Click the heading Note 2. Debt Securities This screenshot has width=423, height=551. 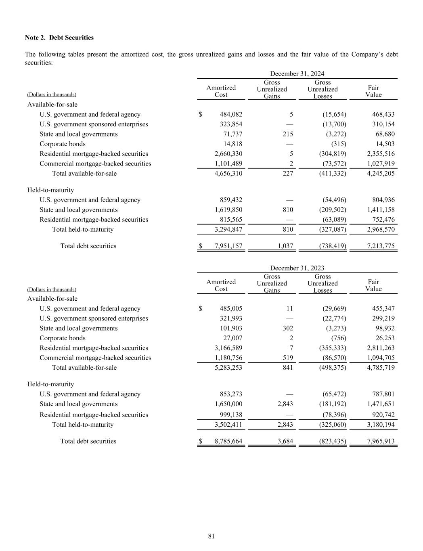click(59, 38)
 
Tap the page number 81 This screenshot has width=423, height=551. click(211, 536)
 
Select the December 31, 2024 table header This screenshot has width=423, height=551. click(297, 73)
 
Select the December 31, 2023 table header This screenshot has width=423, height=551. click(297, 268)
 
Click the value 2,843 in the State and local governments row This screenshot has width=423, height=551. click(285, 404)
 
